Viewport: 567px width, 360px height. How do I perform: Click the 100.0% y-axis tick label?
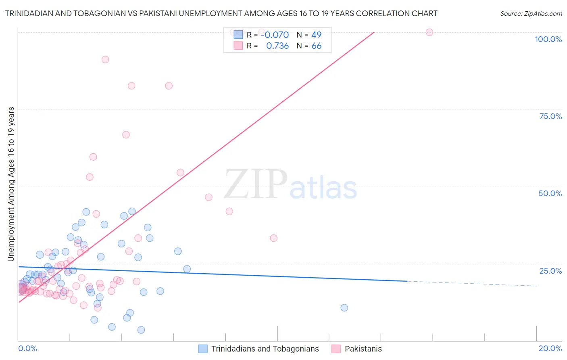(x=548, y=39)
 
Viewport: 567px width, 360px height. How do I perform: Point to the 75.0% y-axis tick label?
(x=550, y=116)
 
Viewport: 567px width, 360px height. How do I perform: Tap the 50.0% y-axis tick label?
(x=550, y=193)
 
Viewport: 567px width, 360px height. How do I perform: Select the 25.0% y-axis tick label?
(x=550, y=271)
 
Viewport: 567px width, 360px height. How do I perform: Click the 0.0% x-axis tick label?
(x=27, y=348)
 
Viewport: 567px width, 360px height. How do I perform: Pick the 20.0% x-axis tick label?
(x=550, y=348)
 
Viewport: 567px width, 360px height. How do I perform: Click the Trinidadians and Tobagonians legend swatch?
(x=203, y=349)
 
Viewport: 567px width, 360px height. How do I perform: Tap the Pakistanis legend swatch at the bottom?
(x=336, y=349)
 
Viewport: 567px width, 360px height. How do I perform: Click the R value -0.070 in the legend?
(x=275, y=35)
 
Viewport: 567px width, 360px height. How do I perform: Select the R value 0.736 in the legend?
(x=277, y=46)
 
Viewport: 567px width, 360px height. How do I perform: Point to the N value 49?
(x=316, y=35)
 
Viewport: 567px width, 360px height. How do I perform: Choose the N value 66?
(x=316, y=46)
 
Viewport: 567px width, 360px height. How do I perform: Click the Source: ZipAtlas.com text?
(x=531, y=14)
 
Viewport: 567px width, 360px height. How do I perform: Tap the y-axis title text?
(x=11, y=184)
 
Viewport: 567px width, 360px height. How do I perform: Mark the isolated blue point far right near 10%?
(x=344, y=308)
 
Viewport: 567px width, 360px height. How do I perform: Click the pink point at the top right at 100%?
(x=429, y=32)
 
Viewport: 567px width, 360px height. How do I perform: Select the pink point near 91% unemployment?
(x=105, y=59)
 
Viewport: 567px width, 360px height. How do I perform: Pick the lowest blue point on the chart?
(x=141, y=330)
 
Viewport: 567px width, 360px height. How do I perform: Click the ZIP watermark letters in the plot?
(x=255, y=184)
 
